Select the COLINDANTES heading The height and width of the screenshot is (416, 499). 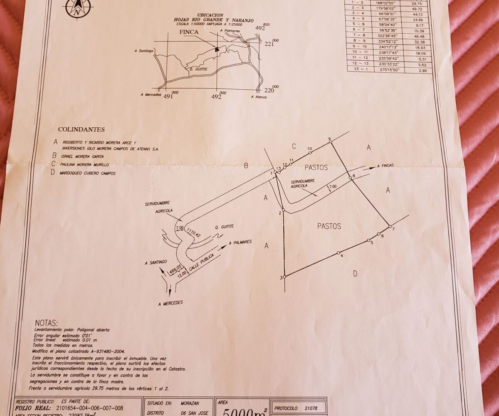81,129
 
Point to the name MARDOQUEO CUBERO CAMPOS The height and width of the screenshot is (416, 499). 89,173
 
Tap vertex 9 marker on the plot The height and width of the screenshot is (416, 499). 331,142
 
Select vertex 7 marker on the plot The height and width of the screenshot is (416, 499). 390,226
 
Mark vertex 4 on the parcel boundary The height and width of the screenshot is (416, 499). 338,253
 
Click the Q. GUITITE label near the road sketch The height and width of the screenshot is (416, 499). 225,227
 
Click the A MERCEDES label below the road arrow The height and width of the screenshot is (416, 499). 170,303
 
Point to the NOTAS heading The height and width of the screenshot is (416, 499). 47,323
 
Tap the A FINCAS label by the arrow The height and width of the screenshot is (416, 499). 385,166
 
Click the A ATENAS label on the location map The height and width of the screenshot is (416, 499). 259,97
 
